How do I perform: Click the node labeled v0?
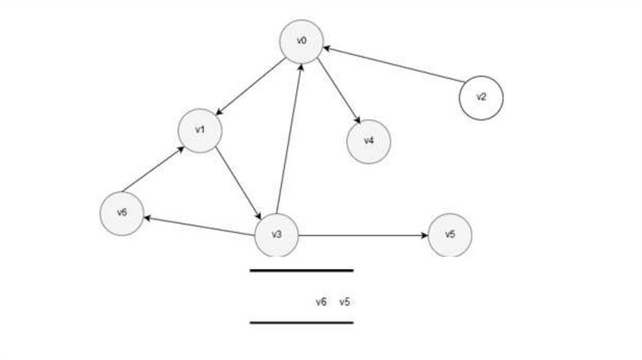click(302, 41)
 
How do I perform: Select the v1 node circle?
click(200, 130)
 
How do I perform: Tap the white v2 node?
click(481, 97)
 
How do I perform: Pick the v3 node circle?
click(276, 235)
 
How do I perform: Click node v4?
click(369, 141)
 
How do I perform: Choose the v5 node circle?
click(450, 235)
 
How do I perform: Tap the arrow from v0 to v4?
click(339, 91)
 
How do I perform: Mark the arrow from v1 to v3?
click(238, 183)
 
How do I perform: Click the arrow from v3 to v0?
click(289, 138)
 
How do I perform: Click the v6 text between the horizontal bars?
click(321, 302)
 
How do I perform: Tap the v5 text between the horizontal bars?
click(344, 302)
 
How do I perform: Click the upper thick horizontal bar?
click(302, 270)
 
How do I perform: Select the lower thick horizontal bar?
click(302, 322)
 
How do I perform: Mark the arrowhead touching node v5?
click(424, 236)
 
